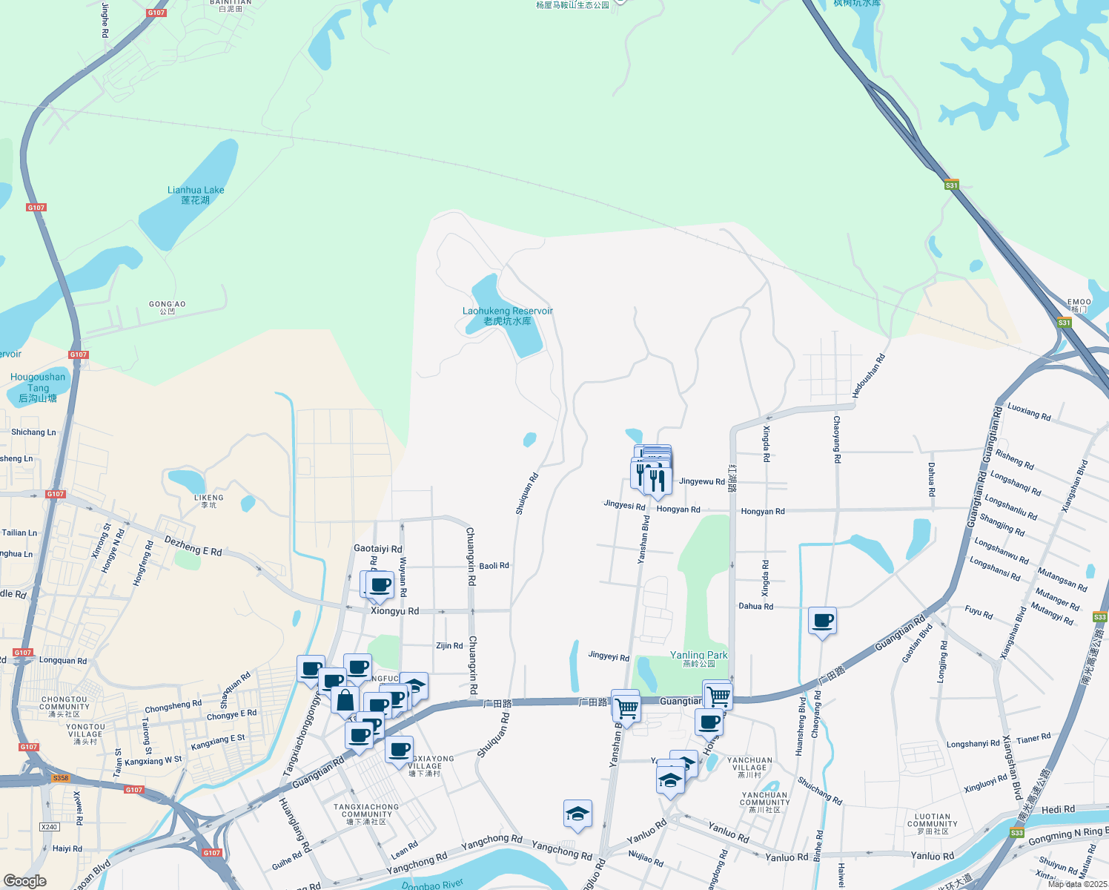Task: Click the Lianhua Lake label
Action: pyautogui.click(x=196, y=195)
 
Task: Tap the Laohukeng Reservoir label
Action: pyautogui.click(x=508, y=316)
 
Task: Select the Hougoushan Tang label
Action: pyautogui.click(x=38, y=387)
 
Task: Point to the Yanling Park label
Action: pyautogui.click(x=698, y=659)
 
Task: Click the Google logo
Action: pyautogui.click(x=24, y=880)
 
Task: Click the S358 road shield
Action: pyautogui.click(x=61, y=778)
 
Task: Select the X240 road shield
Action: pyautogui.click(x=49, y=827)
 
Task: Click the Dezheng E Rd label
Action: pyautogui.click(x=193, y=547)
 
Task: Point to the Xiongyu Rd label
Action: pyautogui.click(x=394, y=611)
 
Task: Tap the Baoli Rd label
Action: pyautogui.click(x=494, y=566)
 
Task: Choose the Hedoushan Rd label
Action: pyautogui.click(x=868, y=377)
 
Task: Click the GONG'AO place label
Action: pyautogui.click(x=168, y=307)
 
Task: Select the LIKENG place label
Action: pyautogui.click(x=208, y=501)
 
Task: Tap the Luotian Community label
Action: pyautogui.click(x=933, y=823)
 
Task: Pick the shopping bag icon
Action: pyautogui.click(x=345, y=699)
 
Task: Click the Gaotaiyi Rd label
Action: pyautogui.click(x=377, y=549)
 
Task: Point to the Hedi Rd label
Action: pyautogui.click(x=1058, y=809)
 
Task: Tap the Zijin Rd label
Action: pyautogui.click(x=449, y=646)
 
